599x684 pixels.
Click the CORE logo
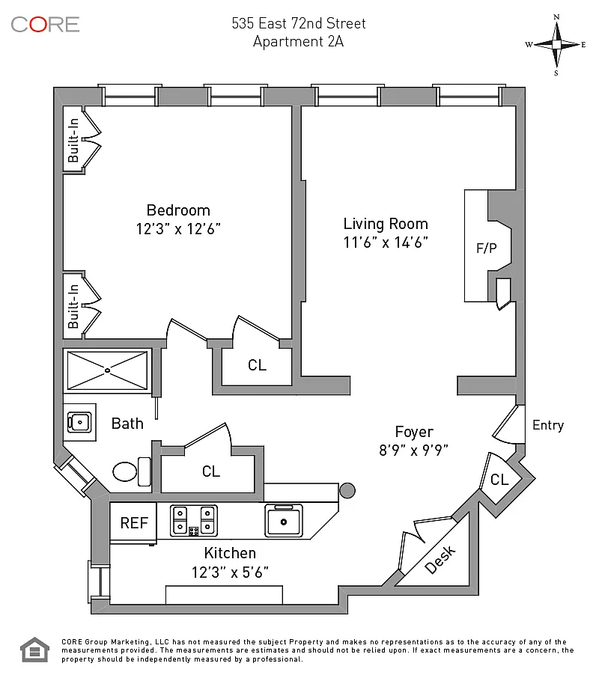tap(45, 24)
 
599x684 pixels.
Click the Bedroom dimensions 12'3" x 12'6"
tap(178, 228)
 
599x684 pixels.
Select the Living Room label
tap(386, 224)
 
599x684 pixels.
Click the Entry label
tap(547, 425)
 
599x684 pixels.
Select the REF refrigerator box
tap(134, 522)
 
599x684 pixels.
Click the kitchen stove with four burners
tap(194, 520)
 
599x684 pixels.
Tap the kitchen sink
tap(284, 520)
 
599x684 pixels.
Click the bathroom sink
tap(79, 423)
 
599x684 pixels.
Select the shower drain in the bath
tap(106, 370)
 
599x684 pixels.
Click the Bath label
tap(127, 424)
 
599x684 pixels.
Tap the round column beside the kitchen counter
tap(347, 490)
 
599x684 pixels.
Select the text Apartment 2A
tap(298, 42)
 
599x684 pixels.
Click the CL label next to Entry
tap(499, 480)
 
